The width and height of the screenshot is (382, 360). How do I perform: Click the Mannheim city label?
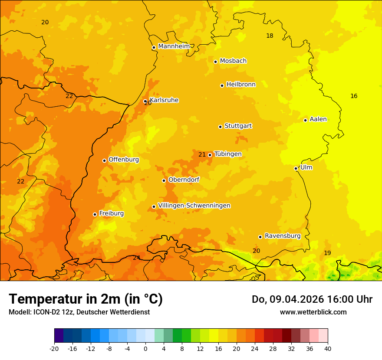click(174, 46)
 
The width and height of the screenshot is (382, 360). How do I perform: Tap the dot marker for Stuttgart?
click(220, 127)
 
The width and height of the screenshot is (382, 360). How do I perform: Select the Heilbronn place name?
click(241, 85)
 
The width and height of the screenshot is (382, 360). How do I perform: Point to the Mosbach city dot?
click(215, 62)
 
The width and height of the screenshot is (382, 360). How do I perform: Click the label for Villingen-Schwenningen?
click(194, 206)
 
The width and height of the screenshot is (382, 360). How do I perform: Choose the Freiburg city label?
click(111, 213)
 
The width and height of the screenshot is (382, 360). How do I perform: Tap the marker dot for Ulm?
click(296, 168)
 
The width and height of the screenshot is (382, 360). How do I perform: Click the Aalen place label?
click(318, 119)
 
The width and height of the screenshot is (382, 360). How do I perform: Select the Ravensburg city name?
click(283, 236)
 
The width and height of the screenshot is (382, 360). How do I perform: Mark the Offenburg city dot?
click(104, 160)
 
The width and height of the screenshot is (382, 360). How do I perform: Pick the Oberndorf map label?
click(184, 180)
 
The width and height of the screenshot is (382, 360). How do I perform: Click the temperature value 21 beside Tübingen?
click(202, 154)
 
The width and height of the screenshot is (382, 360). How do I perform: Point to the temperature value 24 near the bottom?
click(136, 258)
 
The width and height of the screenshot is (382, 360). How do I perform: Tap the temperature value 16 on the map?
click(354, 96)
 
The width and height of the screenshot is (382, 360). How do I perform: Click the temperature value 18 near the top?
click(270, 36)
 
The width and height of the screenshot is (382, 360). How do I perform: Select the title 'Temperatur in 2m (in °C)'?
click(86, 299)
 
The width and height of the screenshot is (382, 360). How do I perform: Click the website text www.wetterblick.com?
click(313, 312)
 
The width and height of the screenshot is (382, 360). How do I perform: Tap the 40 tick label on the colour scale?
click(328, 348)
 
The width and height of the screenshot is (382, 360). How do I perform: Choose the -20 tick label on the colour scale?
click(54, 348)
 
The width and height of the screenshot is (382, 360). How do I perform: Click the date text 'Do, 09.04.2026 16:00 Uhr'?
click(312, 299)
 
